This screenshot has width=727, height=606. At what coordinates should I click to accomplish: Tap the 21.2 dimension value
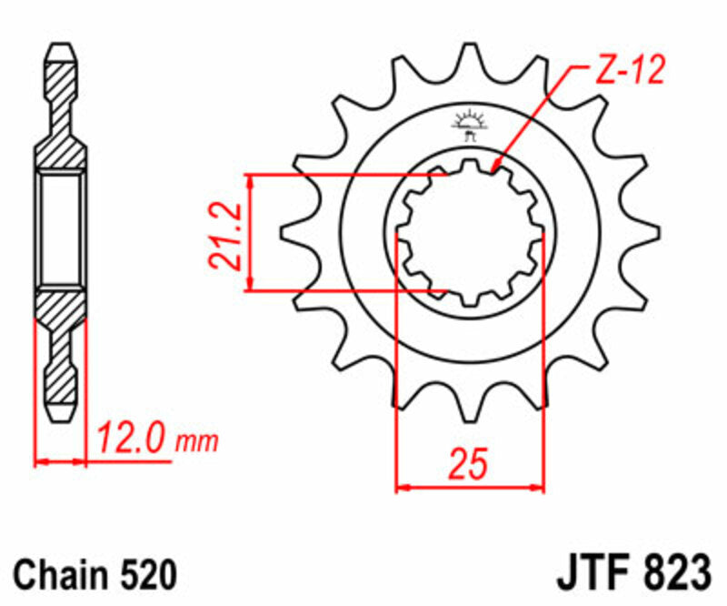223,235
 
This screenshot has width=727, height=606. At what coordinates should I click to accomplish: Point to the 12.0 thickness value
136,442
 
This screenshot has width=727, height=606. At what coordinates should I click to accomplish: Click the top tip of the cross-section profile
62,45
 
